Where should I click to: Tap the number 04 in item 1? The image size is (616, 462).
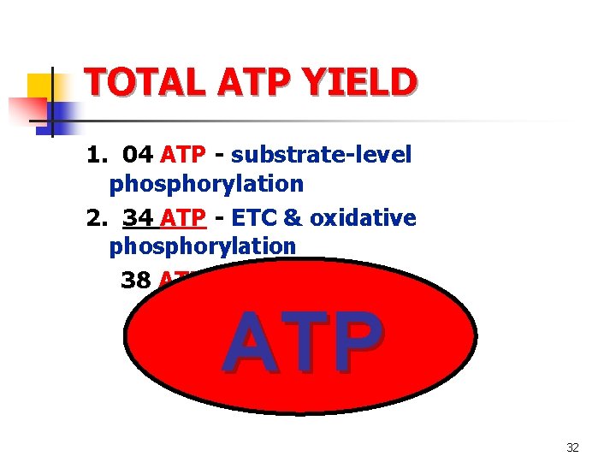pyautogui.click(x=138, y=154)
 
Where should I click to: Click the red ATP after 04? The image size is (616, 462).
pyautogui.click(x=182, y=154)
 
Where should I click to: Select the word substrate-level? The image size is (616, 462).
pyautogui.click(x=321, y=154)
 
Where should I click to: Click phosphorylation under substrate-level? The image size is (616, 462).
pyautogui.click(x=206, y=183)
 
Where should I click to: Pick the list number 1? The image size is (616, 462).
pyautogui.click(x=94, y=154)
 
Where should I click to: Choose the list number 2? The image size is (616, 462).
pyautogui.click(x=94, y=218)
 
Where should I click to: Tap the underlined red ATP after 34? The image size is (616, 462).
pyautogui.click(x=182, y=218)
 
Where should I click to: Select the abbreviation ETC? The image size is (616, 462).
pyautogui.click(x=253, y=218)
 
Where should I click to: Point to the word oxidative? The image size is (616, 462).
pyautogui.click(x=363, y=218)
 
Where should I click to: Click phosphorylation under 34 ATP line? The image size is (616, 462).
pyautogui.click(x=202, y=246)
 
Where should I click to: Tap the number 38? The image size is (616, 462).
pyautogui.click(x=136, y=280)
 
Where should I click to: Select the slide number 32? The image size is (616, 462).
pyautogui.click(x=572, y=447)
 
